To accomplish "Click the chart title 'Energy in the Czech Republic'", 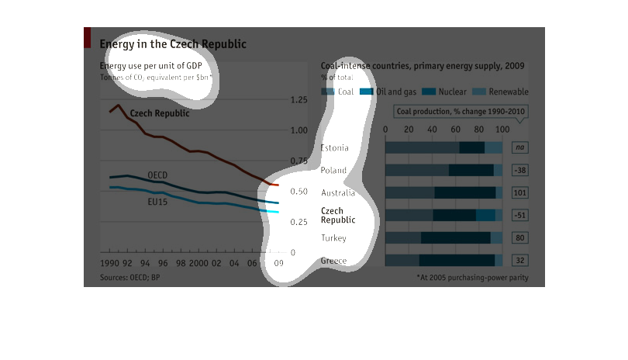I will click(x=172, y=44).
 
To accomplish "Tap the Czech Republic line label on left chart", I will click(x=159, y=113).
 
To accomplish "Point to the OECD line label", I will click(x=157, y=175).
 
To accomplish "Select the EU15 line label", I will click(x=157, y=202).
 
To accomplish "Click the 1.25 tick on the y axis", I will click(x=298, y=100).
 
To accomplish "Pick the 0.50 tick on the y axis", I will click(x=298, y=192).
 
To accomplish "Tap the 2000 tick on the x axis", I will click(x=199, y=264).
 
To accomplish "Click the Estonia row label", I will click(x=334, y=147).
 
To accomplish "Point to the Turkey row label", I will click(x=333, y=238).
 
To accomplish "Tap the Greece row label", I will click(x=333, y=261).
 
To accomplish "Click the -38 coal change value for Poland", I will click(x=520, y=170).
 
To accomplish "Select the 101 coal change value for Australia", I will click(x=520, y=192).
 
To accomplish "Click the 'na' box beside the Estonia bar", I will click(x=520, y=147).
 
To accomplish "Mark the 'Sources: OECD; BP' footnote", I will click(x=129, y=277).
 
